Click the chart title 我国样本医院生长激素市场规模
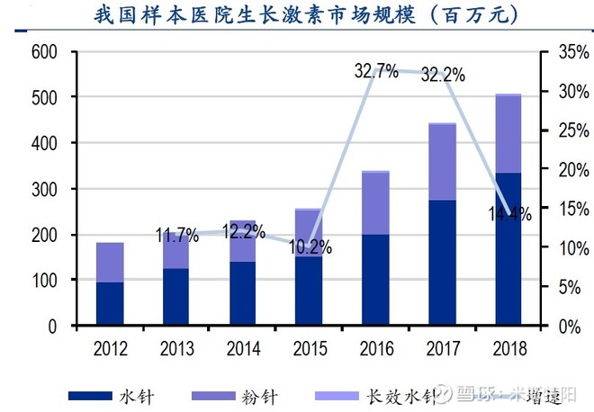[x=297, y=15]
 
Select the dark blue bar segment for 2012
[x=110, y=303]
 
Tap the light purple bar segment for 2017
[x=442, y=162]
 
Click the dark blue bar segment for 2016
[x=375, y=280]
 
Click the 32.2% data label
[x=442, y=76]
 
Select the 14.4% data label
[x=509, y=214]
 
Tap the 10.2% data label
[x=310, y=246]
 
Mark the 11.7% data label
[x=176, y=236]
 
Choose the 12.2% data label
[x=243, y=231]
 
